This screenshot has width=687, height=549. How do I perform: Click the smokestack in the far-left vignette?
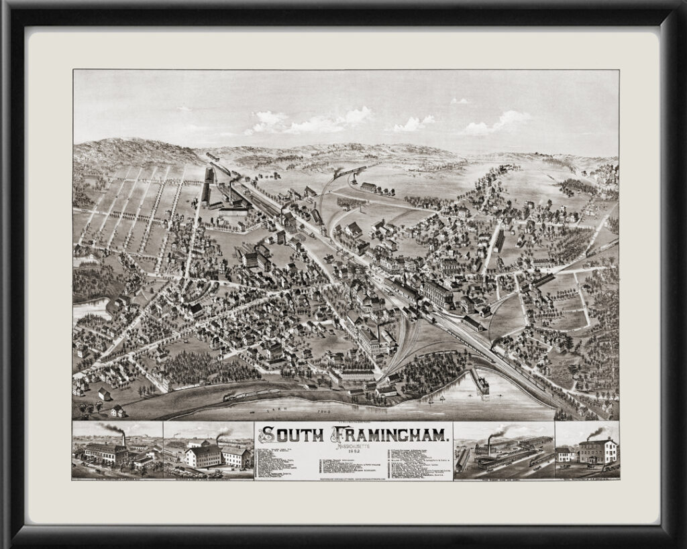[123, 439]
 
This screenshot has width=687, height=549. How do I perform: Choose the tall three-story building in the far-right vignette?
[598, 451]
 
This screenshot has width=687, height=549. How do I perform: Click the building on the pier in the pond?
[481, 381]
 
